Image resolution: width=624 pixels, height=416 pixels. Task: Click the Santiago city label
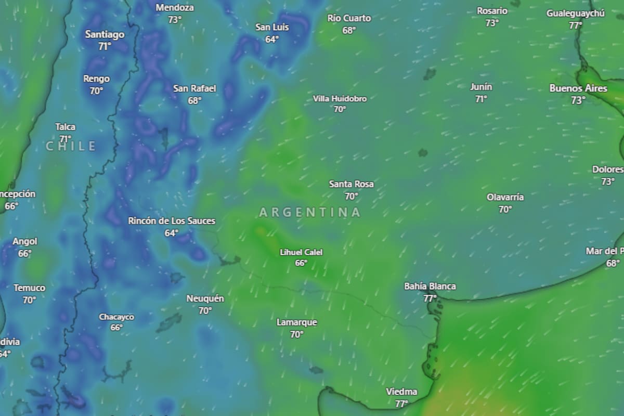[105, 35]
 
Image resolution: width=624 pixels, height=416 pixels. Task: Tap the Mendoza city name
[175, 8]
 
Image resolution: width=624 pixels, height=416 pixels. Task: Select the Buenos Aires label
[578, 88]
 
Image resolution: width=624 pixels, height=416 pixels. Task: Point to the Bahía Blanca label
[430, 286]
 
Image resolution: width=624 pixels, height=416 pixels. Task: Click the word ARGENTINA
[309, 212]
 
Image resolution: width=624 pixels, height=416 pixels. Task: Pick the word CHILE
[71, 147]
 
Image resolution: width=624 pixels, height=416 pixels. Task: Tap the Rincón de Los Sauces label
[172, 221]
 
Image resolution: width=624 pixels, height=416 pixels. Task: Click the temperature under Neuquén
[205, 310]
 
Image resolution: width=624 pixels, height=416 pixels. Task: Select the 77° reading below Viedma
[401, 404]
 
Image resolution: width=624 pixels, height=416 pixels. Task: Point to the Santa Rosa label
[351, 184]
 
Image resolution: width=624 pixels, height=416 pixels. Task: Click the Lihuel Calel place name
[301, 252]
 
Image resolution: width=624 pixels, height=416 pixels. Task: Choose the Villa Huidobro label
[340, 99]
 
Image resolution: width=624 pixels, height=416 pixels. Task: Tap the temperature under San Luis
[272, 39]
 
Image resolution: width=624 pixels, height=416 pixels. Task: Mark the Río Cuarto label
[349, 18]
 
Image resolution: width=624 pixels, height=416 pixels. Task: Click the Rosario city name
[492, 11]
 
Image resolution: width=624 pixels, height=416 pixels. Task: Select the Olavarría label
[505, 197]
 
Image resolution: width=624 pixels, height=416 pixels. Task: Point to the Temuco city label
[29, 288]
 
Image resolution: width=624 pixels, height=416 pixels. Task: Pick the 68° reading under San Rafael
[194, 100]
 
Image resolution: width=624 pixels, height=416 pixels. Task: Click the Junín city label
[481, 87]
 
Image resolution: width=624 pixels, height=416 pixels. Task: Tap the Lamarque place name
[296, 322]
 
